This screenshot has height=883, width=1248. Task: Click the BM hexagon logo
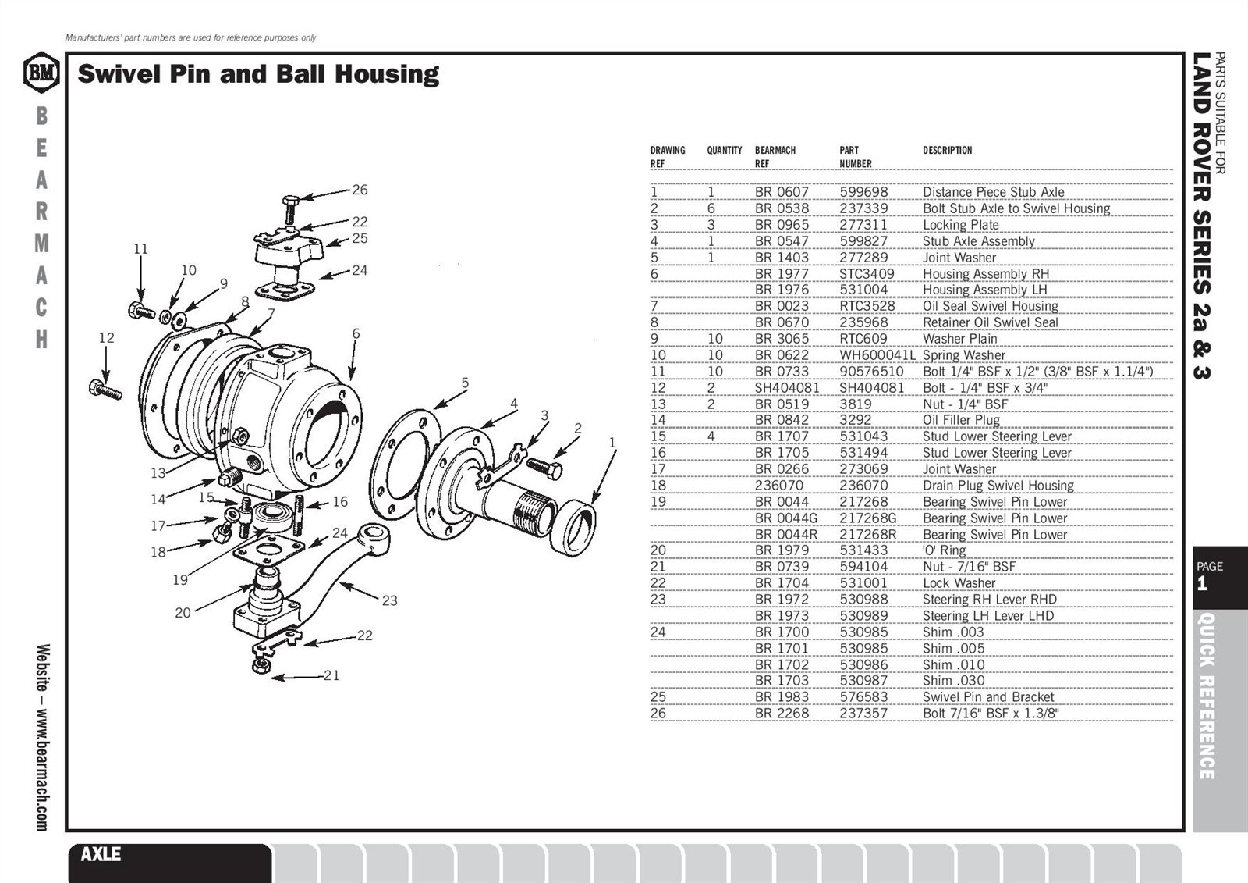(x=41, y=73)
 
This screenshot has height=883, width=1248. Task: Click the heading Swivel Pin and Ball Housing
(x=258, y=74)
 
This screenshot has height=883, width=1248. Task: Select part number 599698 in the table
(x=863, y=192)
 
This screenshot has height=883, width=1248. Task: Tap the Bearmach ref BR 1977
(x=782, y=274)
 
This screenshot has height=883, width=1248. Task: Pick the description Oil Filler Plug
(x=961, y=420)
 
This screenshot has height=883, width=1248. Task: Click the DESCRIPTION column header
(x=947, y=150)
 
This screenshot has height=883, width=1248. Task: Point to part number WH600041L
(x=877, y=355)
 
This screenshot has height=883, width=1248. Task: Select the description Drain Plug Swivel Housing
(x=998, y=486)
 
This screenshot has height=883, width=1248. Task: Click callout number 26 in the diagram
(x=360, y=190)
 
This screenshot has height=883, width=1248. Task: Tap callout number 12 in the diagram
(x=106, y=337)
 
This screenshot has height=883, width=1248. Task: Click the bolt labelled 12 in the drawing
(x=105, y=389)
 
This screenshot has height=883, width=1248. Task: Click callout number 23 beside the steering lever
(x=389, y=600)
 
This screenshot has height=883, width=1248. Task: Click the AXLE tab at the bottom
(x=101, y=854)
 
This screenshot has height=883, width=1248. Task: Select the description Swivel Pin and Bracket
(x=988, y=697)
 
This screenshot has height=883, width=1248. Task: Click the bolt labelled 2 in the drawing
(x=544, y=468)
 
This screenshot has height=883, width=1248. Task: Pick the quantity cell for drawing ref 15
(x=711, y=436)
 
